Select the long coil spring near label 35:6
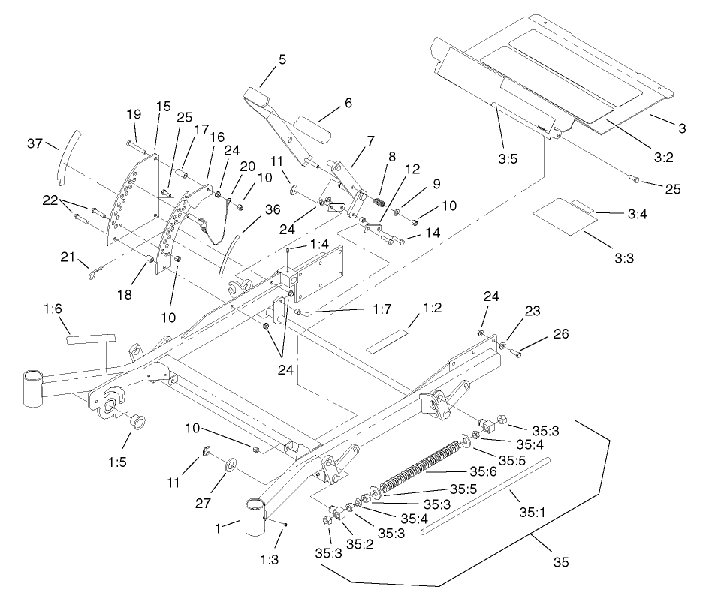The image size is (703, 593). (421, 469)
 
